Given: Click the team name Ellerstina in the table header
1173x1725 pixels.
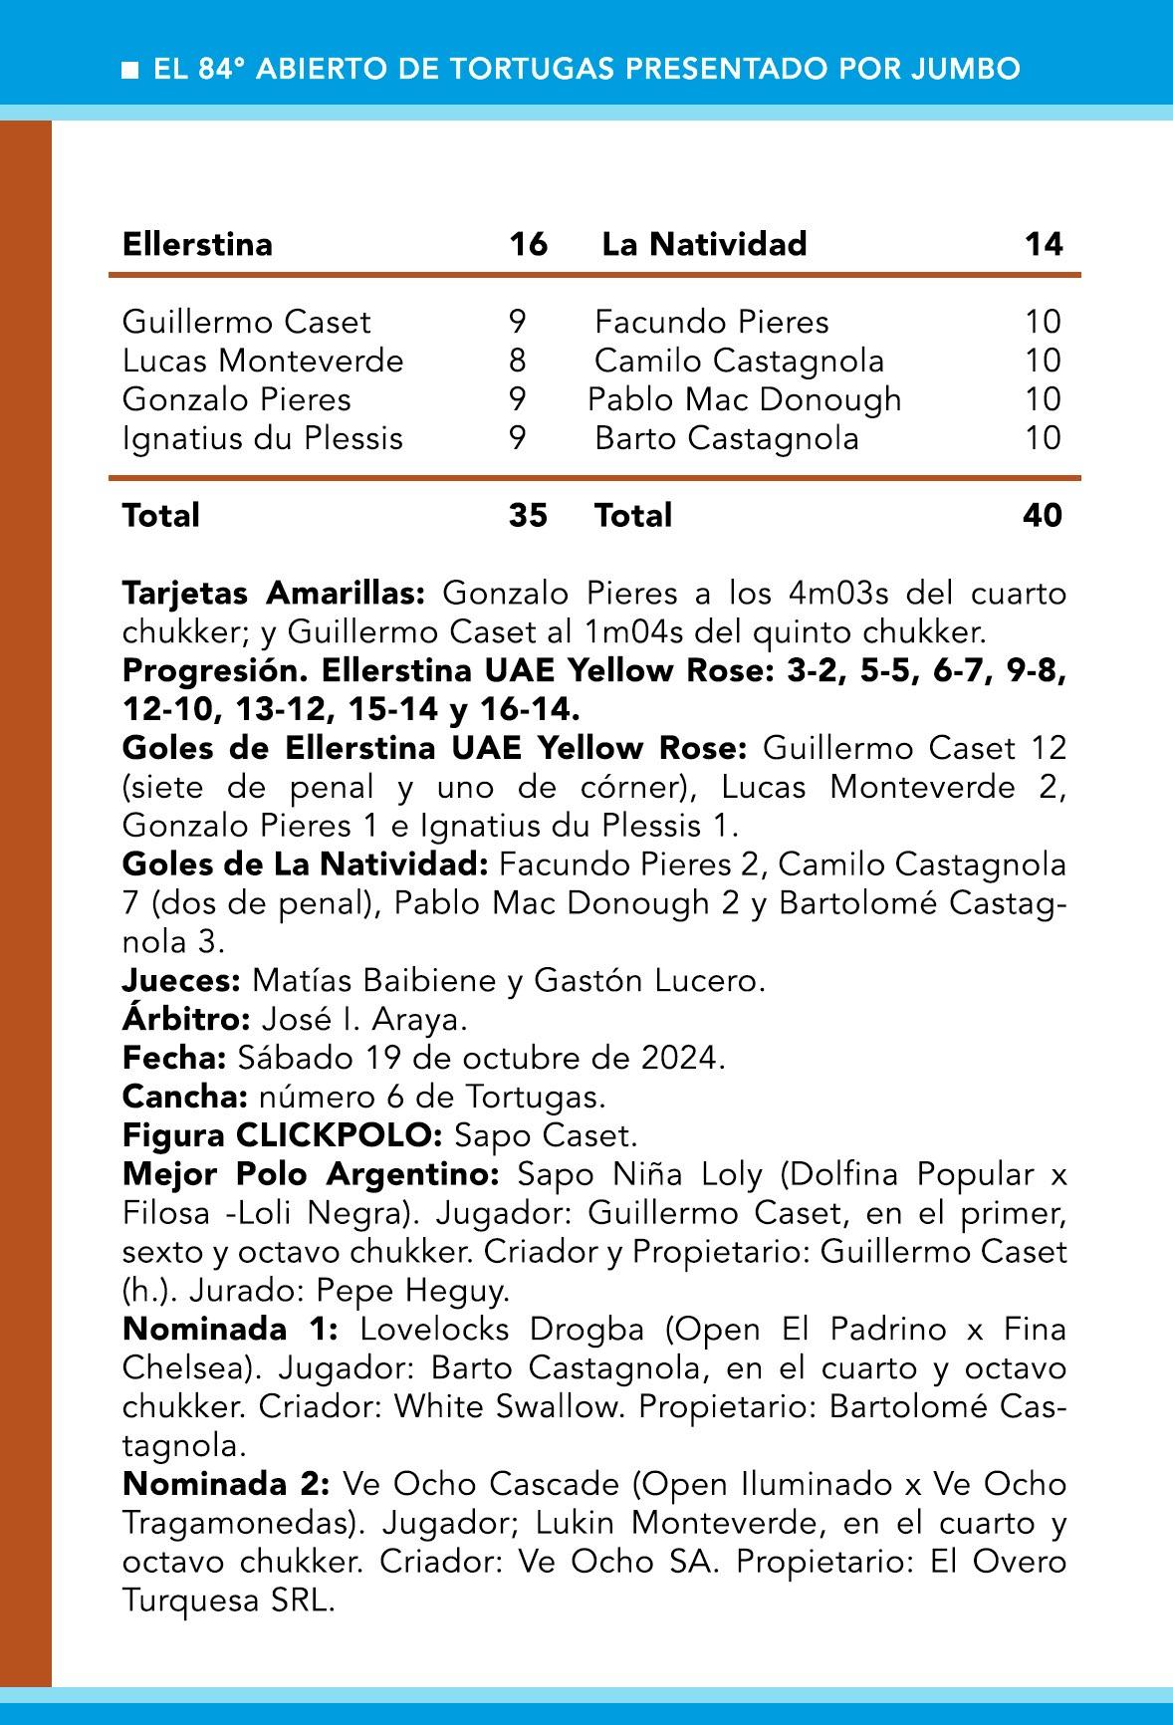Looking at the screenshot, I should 197,244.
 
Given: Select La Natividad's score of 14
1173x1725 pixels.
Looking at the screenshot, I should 1044,244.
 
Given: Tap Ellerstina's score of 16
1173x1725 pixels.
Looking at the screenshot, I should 528,244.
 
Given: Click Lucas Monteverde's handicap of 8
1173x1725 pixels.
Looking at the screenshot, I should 517,361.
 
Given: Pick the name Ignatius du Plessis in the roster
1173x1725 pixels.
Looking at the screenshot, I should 262,438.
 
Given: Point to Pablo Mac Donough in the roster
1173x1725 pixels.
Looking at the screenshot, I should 744,399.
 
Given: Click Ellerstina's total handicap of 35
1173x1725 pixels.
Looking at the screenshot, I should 528,515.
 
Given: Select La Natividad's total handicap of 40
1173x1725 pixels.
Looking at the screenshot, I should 1042,515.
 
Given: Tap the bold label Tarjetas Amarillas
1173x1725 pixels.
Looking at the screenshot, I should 273,594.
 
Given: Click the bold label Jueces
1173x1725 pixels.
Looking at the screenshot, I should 180,981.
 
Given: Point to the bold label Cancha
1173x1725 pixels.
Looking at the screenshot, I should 184,1097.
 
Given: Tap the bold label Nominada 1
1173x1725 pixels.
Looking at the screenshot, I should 230,1329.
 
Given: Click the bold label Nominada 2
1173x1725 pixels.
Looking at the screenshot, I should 225,1484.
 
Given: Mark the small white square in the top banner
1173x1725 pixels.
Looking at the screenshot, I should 129,70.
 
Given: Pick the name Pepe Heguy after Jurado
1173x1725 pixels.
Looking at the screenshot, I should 412,1291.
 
